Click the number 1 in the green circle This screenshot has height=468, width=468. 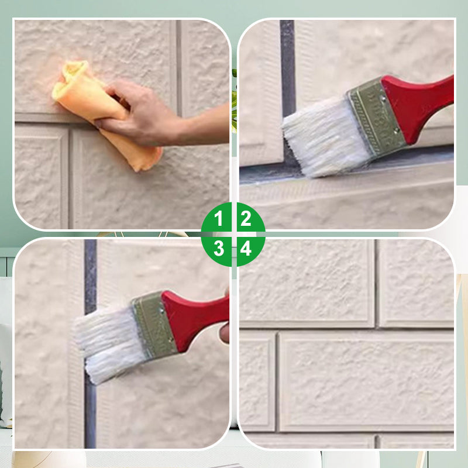coord(219,219)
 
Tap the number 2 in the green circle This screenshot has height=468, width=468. coord(246,219)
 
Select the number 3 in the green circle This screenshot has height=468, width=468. coord(219,249)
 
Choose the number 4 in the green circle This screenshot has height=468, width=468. coord(246,249)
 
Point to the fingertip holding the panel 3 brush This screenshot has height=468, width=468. coord(225,332)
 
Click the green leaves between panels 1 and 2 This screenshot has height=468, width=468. coord(234,99)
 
